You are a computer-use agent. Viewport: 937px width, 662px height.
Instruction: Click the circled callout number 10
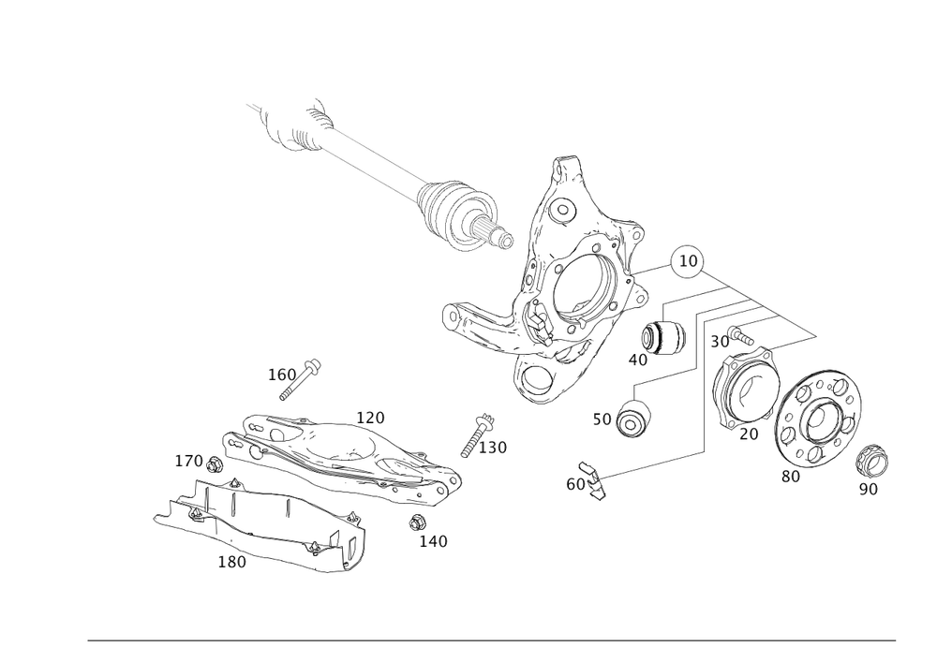689,259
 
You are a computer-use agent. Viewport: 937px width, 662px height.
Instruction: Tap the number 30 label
720,343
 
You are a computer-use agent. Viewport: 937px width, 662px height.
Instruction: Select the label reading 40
638,359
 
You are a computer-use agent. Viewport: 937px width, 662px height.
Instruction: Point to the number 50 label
602,419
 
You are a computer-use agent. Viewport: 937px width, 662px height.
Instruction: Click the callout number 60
574,484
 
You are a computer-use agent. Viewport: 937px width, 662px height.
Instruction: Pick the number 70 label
747,435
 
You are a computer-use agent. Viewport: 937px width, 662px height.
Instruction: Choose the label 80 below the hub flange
791,476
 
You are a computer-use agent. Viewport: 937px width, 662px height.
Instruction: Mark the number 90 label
869,489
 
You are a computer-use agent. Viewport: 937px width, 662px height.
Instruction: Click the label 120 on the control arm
371,416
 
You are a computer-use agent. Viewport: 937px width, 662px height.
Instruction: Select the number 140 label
434,540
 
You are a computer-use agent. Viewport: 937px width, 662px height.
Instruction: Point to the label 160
281,375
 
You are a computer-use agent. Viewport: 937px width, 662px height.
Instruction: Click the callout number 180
232,562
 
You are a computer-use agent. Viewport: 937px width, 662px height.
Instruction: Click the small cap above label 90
873,461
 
